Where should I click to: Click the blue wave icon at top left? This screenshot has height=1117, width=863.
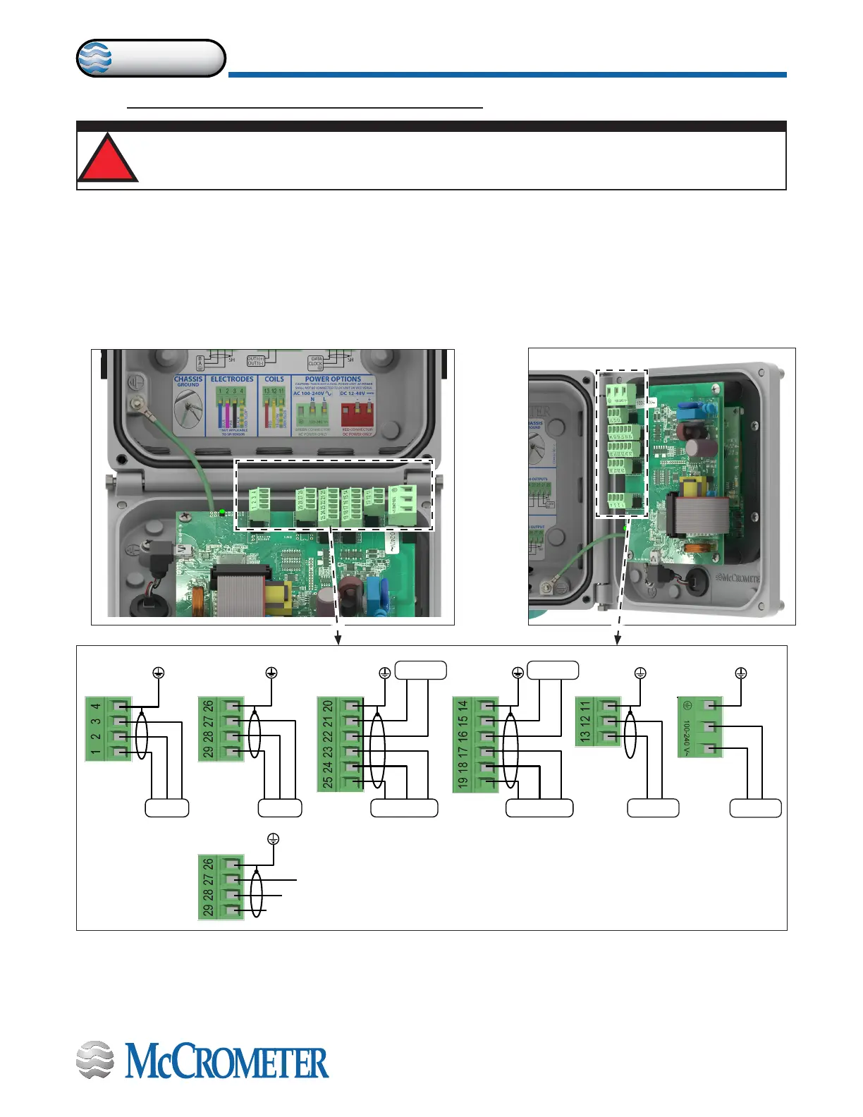pyautogui.click(x=94, y=59)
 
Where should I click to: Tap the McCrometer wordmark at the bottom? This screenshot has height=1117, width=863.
pyautogui.click(x=226, y=1063)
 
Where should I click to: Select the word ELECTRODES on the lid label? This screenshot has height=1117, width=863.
pyautogui.click(x=232, y=379)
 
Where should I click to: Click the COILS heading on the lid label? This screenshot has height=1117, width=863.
pyautogui.click(x=274, y=379)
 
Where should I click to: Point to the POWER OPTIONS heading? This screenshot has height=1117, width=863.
pyautogui.click(x=333, y=379)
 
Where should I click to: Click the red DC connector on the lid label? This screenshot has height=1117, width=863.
pyautogui.click(x=355, y=413)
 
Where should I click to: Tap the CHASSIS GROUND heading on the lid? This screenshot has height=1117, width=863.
pyautogui.click(x=188, y=381)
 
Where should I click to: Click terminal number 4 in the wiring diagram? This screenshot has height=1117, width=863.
pyautogui.click(x=96, y=706)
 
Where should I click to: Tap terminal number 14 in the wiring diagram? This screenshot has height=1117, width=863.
pyautogui.click(x=463, y=706)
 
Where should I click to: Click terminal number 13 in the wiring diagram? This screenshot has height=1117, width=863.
pyautogui.click(x=584, y=736)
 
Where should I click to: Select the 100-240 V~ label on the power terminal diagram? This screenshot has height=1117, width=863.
pyautogui.click(x=686, y=738)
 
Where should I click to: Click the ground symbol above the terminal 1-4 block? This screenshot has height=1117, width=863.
pyautogui.click(x=159, y=673)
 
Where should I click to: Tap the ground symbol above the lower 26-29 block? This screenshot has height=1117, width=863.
pyautogui.click(x=274, y=839)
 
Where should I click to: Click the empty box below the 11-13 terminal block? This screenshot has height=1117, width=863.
pyautogui.click(x=653, y=808)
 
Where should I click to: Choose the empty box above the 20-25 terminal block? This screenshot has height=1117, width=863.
pyautogui.click(x=420, y=670)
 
